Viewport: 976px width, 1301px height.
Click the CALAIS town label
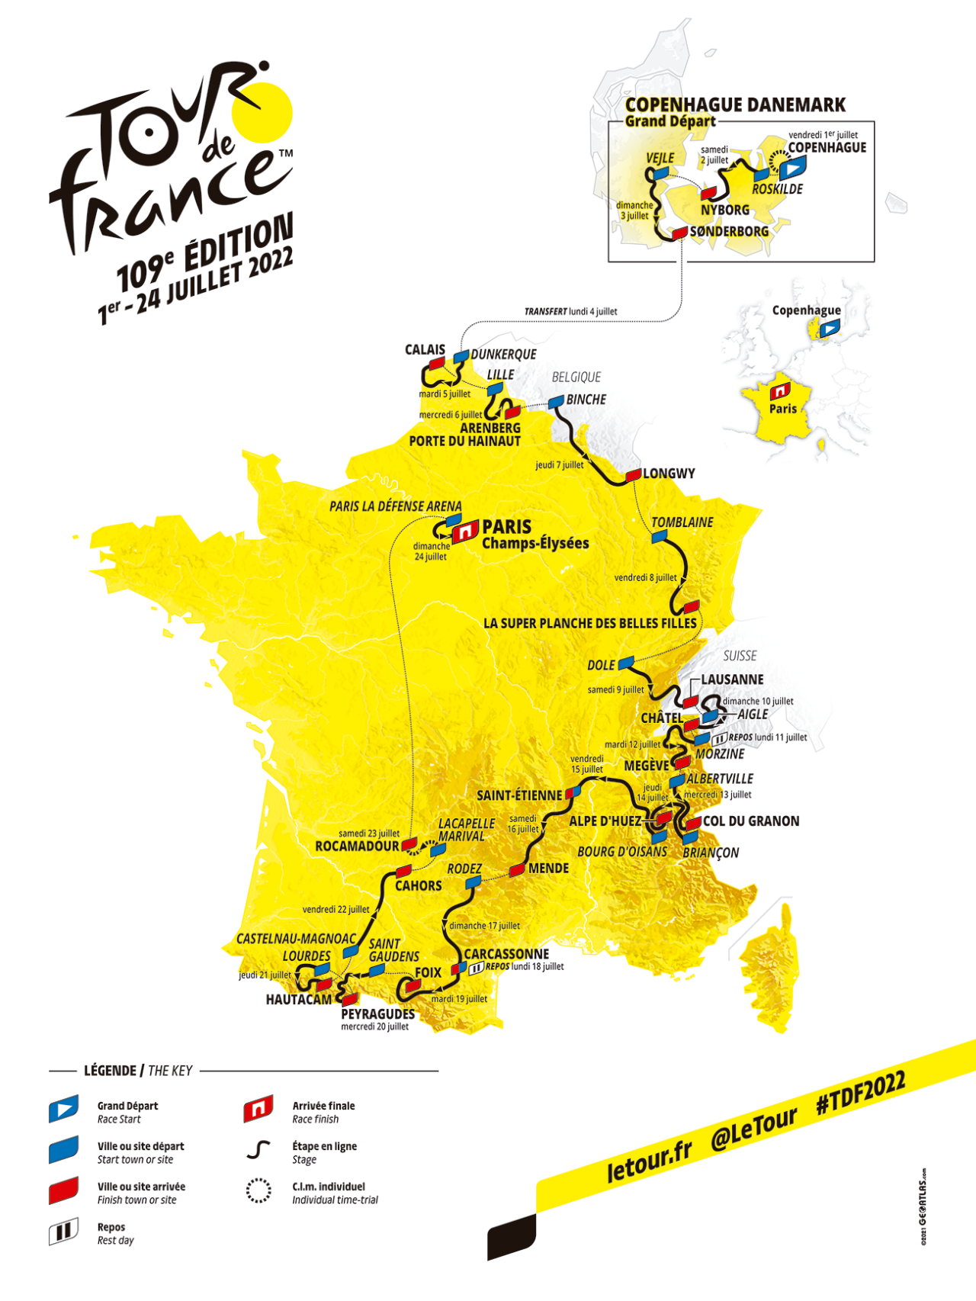click(x=425, y=350)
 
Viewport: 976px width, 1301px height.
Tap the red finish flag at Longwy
click(x=633, y=476)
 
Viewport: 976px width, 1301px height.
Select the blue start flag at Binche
click(x=556, y=401)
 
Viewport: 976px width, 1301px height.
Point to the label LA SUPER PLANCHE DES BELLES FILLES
click(x=590, y=624)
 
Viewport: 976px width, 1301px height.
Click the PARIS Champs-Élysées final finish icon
click(x=464, y=532)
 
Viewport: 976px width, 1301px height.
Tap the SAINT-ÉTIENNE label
click(x=519, y=795)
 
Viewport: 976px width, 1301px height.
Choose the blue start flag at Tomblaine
click(x=660, y=537)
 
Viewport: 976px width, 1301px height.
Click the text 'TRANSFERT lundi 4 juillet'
click(x=570, y=311)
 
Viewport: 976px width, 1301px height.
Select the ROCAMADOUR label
click(x=357, y=846)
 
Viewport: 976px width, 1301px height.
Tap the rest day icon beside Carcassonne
click(x=476, y=968)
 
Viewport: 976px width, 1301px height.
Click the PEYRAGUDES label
click(x=377, y=1014)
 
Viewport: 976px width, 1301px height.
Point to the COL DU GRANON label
click(x=751, y=821)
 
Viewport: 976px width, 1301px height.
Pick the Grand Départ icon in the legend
click(x=63, y=1110)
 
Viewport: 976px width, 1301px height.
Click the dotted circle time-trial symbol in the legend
click(x=258, y=1190)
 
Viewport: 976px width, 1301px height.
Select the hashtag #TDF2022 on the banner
click(x=860, y=1094)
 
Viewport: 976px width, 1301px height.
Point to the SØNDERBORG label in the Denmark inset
click(x=729, y=232)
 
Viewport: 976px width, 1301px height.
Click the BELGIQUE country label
click(x=576, y=377)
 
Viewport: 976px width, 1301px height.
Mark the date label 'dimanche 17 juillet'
click(x=484, y=926)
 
